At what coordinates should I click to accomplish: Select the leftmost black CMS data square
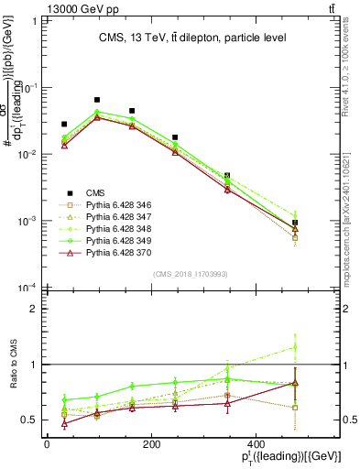tap(64, 124)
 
